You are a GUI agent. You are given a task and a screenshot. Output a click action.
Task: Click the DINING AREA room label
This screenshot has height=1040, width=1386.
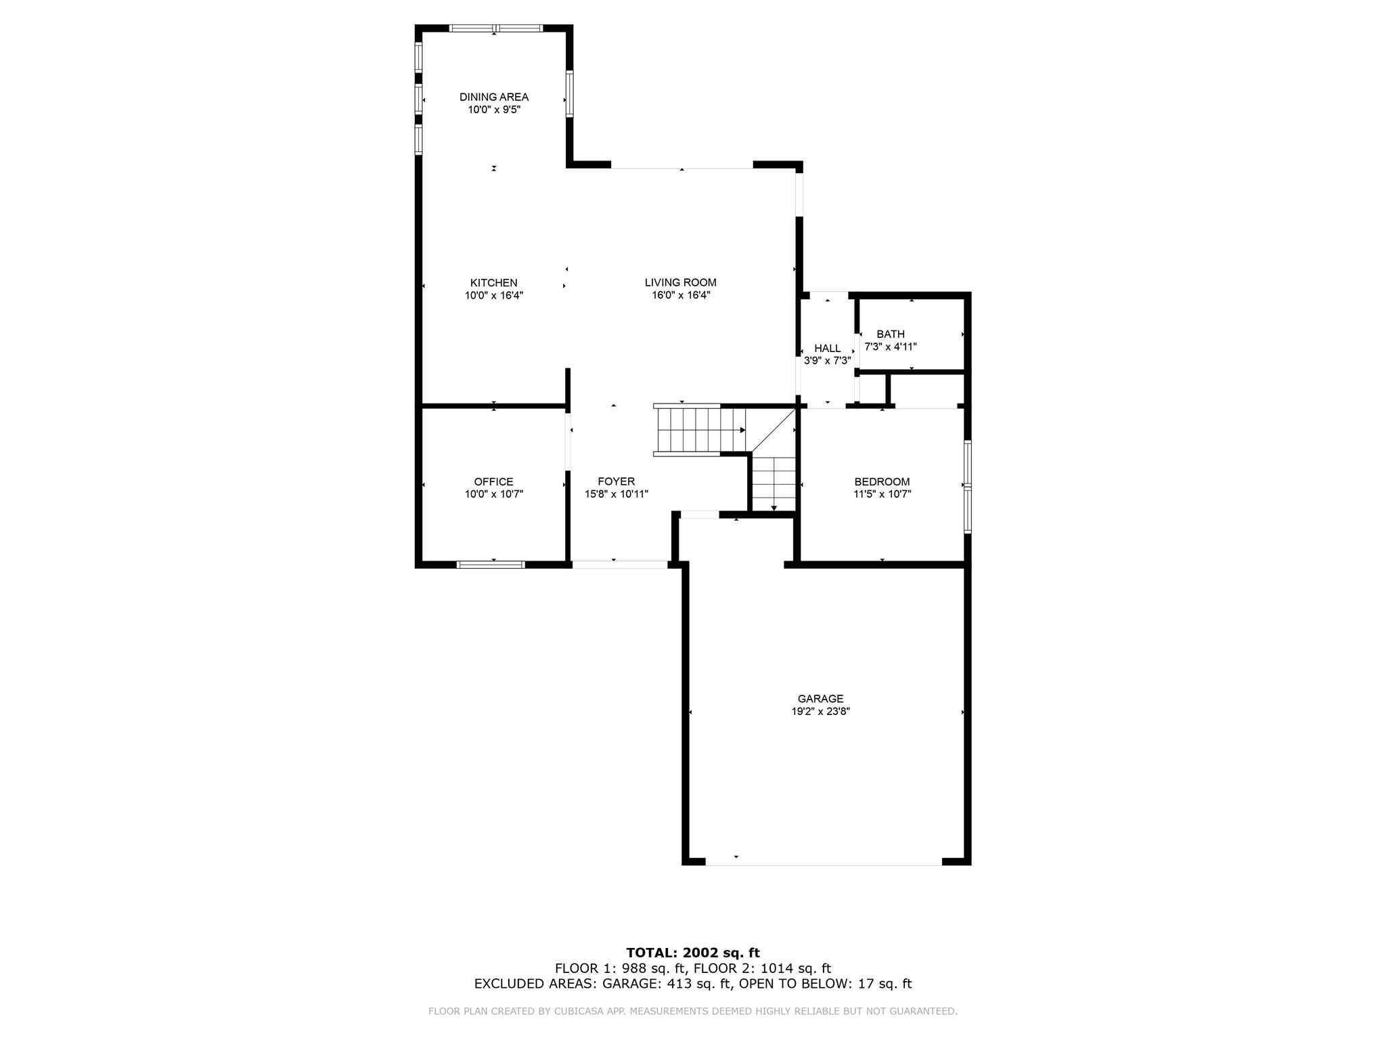click(493, 97)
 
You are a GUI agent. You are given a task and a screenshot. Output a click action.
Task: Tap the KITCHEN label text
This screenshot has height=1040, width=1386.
click(493, 282)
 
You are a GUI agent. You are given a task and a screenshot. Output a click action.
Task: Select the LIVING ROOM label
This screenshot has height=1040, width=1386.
click(680, 282)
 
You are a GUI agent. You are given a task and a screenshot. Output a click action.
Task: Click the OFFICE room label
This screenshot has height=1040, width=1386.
click(493, 481)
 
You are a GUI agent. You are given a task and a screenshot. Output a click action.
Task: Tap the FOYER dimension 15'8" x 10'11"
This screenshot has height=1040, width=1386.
click(616, 494)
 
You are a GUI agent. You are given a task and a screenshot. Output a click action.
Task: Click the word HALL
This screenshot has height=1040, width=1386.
click(827, 348)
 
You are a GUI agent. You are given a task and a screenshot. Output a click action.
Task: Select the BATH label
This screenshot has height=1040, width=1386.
click(890, 334)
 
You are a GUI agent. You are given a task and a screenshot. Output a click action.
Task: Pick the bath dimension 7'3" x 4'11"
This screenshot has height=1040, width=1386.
click(890, 347)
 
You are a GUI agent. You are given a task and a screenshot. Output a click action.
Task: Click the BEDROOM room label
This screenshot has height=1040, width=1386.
click(882, 481)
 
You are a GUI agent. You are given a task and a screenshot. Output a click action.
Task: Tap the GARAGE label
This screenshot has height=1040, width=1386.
click(820, 699)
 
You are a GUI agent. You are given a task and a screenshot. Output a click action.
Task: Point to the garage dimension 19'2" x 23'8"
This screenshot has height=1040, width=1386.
click(820, 712)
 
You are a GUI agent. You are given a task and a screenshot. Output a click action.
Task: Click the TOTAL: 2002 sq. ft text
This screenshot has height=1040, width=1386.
click(692, 953)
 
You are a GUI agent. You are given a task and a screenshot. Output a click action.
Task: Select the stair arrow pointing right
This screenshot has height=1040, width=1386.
click(742, 430)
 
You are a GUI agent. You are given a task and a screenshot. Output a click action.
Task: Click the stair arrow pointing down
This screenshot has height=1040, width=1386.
click(774, 507)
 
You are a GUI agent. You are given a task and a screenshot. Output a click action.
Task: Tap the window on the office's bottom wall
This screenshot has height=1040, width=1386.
click(491, 564)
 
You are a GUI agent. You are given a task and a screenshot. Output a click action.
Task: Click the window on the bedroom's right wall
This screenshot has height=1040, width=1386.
click(968, 486)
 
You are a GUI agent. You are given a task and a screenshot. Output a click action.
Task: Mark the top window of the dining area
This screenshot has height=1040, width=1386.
click(495, 28)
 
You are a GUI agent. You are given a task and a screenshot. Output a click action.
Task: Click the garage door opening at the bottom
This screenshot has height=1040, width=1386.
click(823, 865)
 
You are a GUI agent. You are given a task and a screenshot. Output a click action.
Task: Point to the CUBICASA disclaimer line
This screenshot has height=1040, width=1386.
click(692, 1012)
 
